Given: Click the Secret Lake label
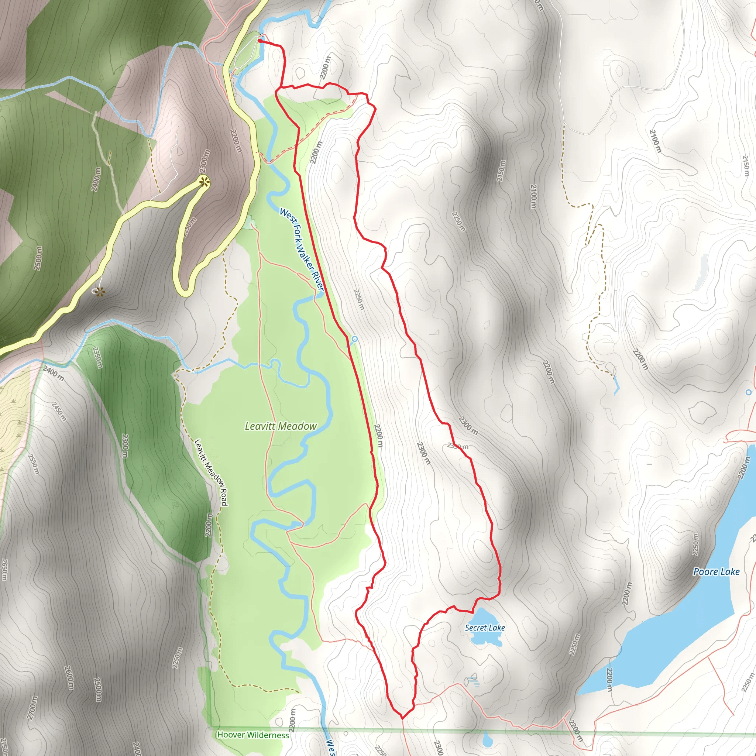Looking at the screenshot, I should click(x=485, y=628).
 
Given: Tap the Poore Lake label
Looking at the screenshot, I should click(x=716, y=572).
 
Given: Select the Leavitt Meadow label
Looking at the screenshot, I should click(x=281, y=426).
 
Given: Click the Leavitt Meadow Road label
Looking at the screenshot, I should click(x=211, y=473).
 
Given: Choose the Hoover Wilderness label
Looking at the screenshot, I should click(x=253, y=735).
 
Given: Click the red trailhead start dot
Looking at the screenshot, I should click(x=260, y=40).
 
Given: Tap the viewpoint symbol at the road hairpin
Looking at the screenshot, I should click(x=204, y=182).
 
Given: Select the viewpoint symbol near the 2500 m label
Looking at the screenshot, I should click(x=100, y=292).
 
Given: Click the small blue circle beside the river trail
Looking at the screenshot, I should click(x=354, y=339).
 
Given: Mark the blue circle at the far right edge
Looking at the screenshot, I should click(x=749, y=392).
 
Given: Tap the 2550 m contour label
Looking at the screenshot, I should click(x=34, y=464).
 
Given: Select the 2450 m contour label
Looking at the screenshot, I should click(x=59, y=411).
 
